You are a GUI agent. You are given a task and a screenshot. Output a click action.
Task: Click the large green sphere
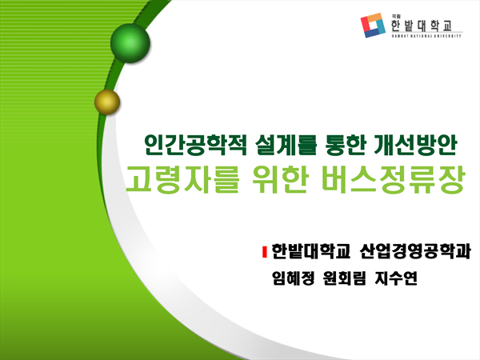tap(130, 43)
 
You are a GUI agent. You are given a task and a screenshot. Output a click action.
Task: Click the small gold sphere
tap(107, 102)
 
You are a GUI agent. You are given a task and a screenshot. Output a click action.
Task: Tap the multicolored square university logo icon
tap(373, 25)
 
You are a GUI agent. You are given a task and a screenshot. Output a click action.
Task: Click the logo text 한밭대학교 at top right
tap(422, 26)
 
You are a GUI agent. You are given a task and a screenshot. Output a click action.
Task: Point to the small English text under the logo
tap(426, 36)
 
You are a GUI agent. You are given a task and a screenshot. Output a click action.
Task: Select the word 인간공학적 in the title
tap(196, 145)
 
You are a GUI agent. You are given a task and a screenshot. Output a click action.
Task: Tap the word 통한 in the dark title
tap(345, 145)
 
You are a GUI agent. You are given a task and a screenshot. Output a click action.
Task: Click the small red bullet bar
tap(265, 252)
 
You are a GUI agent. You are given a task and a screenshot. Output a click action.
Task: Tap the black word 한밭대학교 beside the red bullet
tap(310, 252)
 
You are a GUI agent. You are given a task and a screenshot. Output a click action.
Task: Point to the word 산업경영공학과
tap(415, 252)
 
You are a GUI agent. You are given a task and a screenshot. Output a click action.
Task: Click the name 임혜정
tap(293, 278)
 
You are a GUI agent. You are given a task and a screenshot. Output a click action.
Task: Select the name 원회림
tap(344, 278)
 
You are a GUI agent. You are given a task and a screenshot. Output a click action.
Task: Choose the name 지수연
tap(396, 278)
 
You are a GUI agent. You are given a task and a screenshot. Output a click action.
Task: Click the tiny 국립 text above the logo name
tap(394, 17)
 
